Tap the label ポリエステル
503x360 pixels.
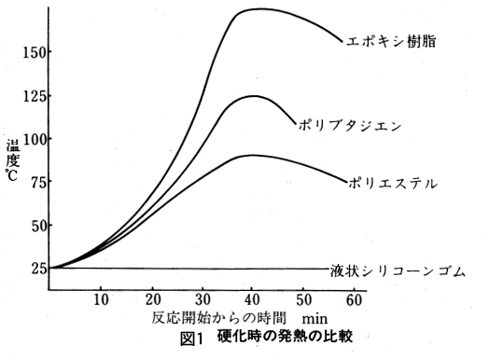pyautogui.click(x=392, y=184)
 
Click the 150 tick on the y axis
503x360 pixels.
pyautogui.click(x=34, y=52)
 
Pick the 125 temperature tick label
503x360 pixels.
pyautogui.click(x=34, y=96)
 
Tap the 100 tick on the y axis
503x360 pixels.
pyautogui.click(x=34, y=139)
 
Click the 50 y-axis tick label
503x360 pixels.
pyautogui.click(x=36, y=226)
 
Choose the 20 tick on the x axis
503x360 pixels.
pyautogui.click(x=151, y=299)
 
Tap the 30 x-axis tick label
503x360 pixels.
pyautogui.click(x=201, y=299)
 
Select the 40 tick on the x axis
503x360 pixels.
pyautogui.click(x=252, y=299)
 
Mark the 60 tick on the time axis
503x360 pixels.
pyautogui.click(x=352, y=299)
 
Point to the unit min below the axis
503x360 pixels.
pyautogui.click(x=314, y=317)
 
